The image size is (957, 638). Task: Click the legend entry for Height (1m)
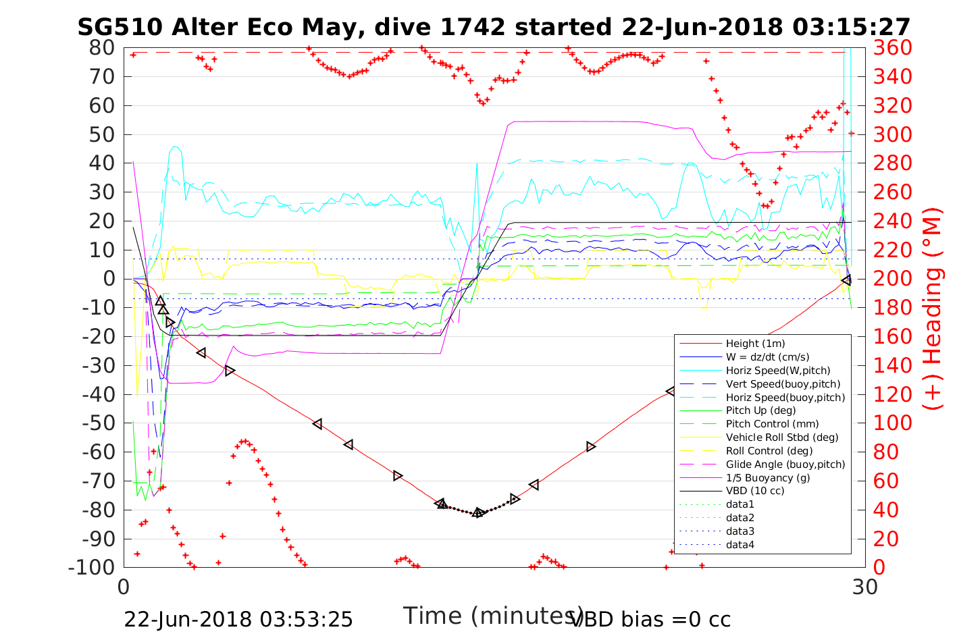(755, 344)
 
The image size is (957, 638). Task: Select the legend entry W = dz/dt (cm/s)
(767, 357)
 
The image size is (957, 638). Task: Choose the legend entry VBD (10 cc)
(755, 491)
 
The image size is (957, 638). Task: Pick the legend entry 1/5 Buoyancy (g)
(768, 477)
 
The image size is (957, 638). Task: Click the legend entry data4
(740, 544)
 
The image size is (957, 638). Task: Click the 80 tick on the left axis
(102, 48)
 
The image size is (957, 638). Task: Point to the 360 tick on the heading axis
(892, 48)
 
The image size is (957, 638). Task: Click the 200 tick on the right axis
(892, 279)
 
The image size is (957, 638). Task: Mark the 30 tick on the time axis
(864, 587)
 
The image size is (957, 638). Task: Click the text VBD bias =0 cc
(650, 619)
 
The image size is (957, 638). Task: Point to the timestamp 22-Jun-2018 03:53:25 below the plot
(238, 619)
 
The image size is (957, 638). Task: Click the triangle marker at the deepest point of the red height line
(478, 513)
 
